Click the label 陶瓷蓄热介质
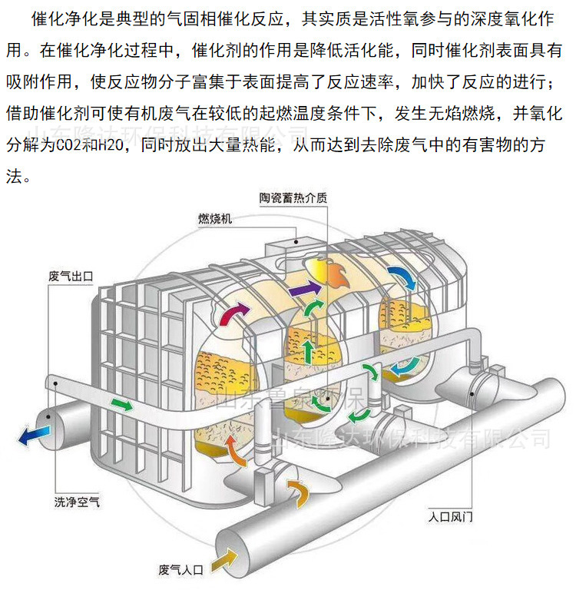(x=293, y=198)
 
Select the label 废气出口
(x=70, y=274)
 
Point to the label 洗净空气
(x=76, y=503)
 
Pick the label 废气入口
(x=180, y=569)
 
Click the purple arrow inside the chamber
(x=305, y=290)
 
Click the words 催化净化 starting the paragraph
(x=57, y=18)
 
